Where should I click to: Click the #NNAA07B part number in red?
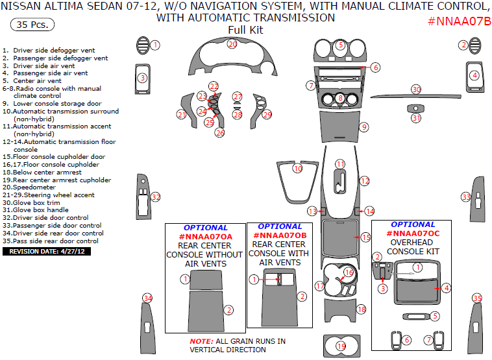point(459,21)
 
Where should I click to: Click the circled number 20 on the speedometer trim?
point(232,44)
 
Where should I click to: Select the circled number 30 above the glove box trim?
point(416,89)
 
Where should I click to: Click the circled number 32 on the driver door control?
point(155,197)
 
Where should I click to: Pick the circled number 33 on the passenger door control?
point(465,197)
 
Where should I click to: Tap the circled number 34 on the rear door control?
point(148,298)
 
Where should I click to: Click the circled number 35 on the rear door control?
point(477,298)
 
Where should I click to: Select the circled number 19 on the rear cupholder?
point(340,346)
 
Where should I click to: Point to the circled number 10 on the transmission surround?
point(297,169)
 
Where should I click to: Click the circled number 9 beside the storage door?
point(364,127)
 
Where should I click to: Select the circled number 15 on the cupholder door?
point(365,237)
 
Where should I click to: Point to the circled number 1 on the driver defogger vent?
point(155,45)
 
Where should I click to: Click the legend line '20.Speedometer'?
point(32,187)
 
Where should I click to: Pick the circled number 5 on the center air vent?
point(341,45)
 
